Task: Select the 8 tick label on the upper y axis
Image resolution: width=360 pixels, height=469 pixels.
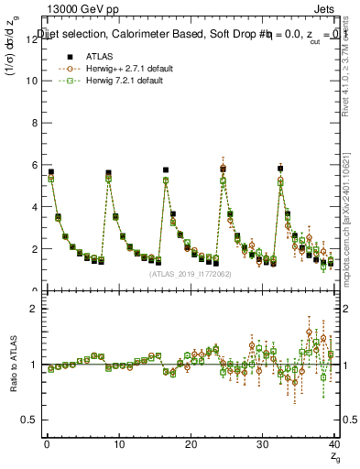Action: [35, 123]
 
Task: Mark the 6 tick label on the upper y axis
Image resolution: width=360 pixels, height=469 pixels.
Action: [35, 165]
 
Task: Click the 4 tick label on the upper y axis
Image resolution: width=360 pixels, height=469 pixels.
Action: [35, 207]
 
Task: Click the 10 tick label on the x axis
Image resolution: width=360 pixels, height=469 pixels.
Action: [118, 446]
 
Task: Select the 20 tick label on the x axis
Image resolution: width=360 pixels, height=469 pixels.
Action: [191, 446]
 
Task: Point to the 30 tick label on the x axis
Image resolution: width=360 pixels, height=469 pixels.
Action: [263, 446]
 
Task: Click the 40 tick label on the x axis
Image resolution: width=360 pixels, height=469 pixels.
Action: [334, 446]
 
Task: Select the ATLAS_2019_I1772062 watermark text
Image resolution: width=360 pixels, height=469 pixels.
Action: [190, 274]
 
